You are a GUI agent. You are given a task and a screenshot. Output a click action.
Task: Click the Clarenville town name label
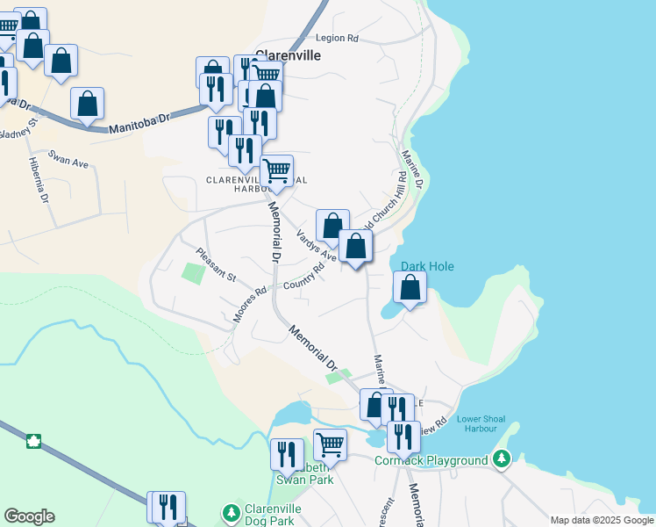288,54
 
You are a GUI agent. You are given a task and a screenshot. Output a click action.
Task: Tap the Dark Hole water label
427,266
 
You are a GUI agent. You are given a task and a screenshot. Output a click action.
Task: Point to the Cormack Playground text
431,460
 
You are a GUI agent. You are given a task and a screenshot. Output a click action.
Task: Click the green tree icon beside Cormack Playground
501,458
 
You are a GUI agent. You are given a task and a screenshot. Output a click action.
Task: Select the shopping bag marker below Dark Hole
410,287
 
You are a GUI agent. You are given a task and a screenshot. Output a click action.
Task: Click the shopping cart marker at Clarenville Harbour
277,170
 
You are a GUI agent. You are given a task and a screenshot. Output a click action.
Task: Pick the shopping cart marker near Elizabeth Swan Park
330,444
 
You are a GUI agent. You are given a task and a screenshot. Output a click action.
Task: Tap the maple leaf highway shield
35,441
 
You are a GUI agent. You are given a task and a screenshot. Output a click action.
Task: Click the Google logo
29,516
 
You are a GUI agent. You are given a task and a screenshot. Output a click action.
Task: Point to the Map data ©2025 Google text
601,520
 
